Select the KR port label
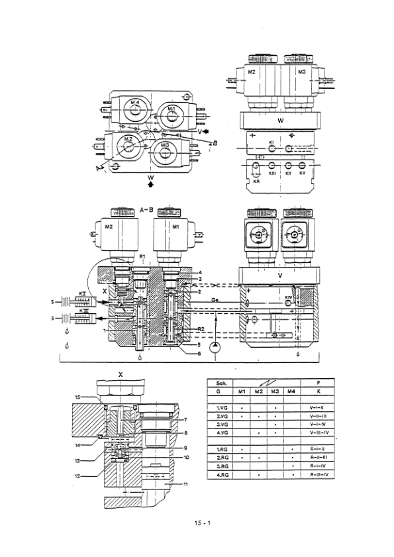point(257,179)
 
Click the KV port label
point(303,174)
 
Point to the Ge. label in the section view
point(217,299)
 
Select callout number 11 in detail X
point(186,485)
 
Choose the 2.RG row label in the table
point(223,457)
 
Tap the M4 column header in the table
point(291,391)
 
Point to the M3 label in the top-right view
point(301,72)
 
